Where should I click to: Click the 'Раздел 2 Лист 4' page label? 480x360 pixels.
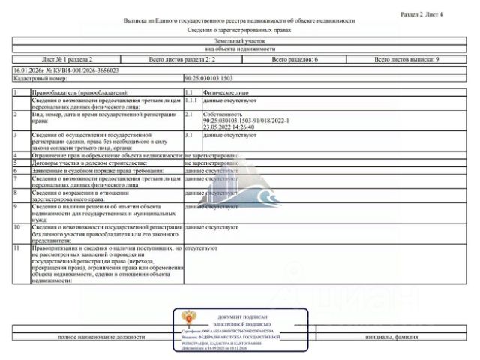coord(421,14)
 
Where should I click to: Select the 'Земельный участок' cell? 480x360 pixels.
coord(239,41)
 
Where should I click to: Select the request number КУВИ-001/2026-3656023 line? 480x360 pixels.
coord(66,69)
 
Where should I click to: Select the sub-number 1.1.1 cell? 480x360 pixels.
coord(190,99)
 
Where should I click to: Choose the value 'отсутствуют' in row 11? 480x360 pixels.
coord(201,246)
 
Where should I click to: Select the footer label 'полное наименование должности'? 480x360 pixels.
coord(102,337)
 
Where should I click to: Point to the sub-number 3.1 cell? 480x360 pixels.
coord(189,135)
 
